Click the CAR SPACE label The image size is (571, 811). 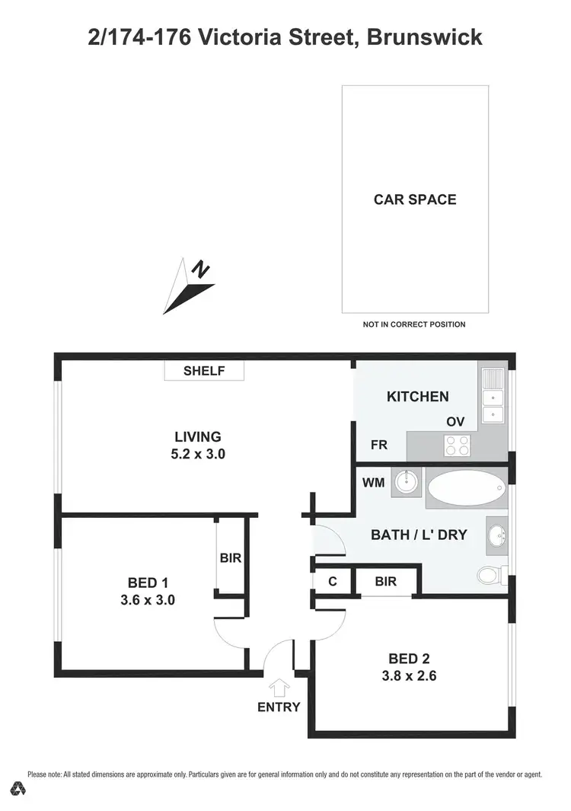pos(415,200)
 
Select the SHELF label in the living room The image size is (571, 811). pos(205,371)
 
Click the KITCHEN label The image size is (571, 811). pos(418,396)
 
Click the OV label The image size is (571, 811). pos(455,421)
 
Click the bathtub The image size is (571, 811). pos(466,487)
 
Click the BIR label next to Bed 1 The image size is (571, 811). pos(231,557)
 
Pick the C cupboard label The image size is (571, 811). pos(333,582)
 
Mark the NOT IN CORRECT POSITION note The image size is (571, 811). pos(414,324)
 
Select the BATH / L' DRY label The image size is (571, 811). pos(419,535)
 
